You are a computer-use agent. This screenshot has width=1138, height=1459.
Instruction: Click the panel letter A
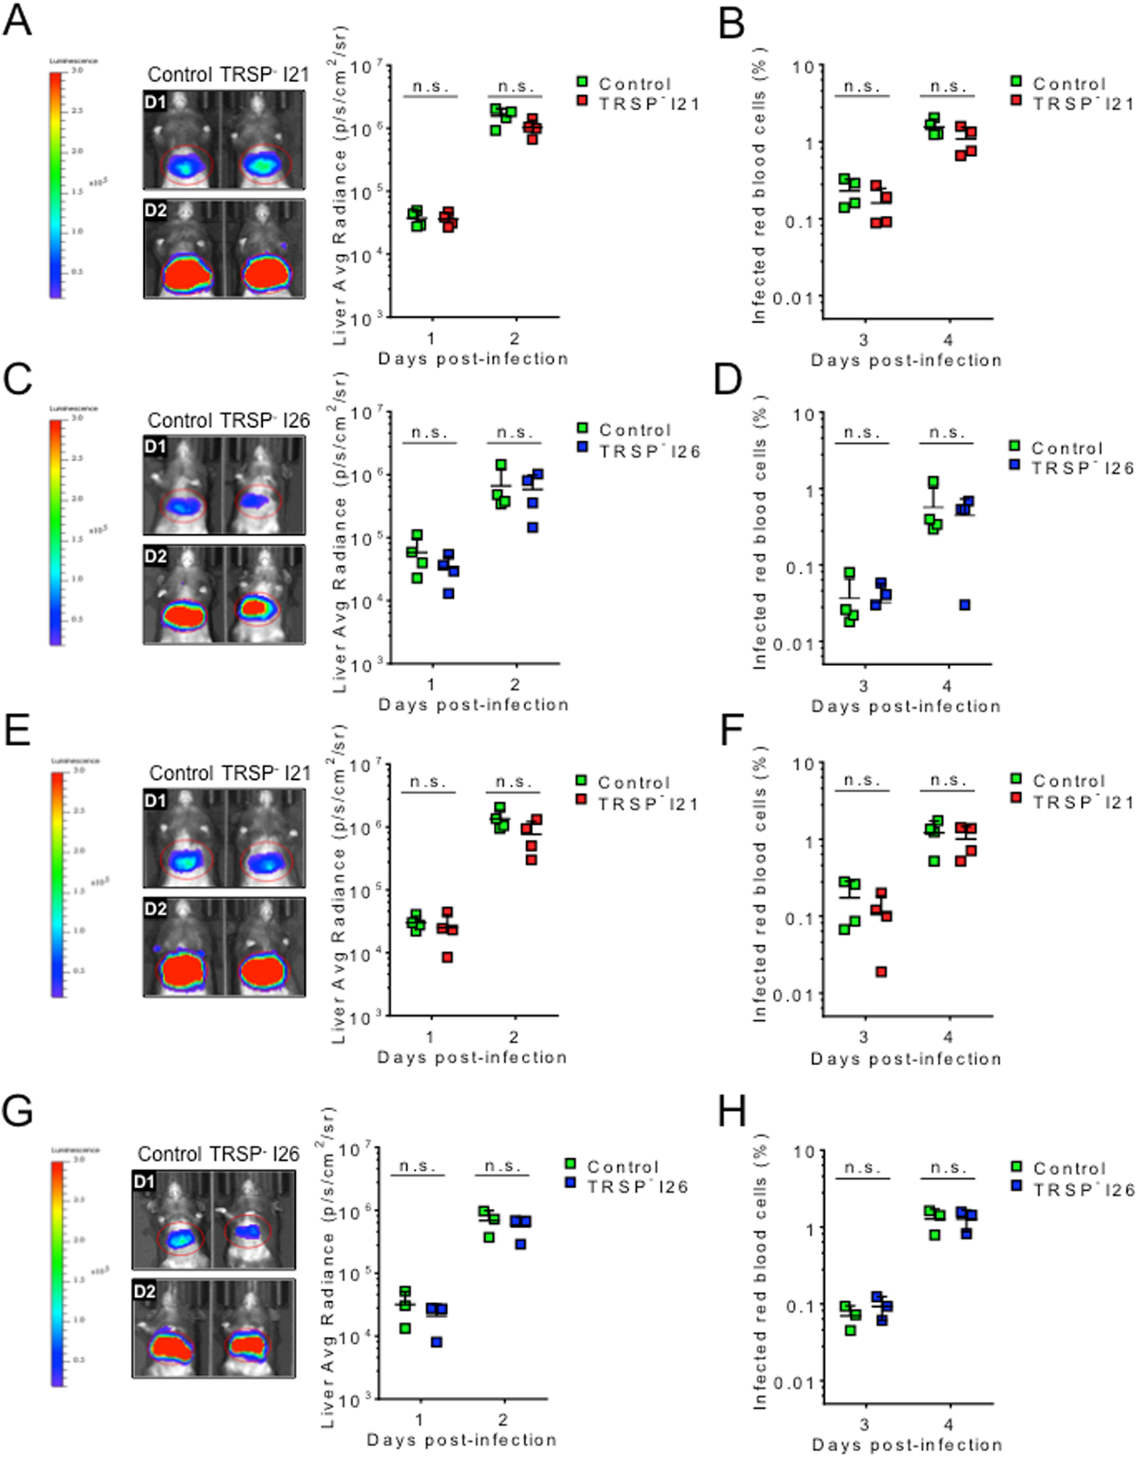click(x=17, y=21)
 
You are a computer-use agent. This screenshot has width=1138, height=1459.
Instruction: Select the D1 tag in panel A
click(x=155, y=102)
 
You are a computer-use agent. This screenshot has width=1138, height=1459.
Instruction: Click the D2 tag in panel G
click(x=144, y=1291)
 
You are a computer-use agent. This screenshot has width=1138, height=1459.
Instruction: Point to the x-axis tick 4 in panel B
click(x=948, y=341)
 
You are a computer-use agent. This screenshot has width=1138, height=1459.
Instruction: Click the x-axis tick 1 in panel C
click(x=431, y=685)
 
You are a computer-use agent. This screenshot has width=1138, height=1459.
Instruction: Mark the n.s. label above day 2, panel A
click(x=515, y=86)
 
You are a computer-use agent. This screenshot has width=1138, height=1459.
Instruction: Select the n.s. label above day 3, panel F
click(x=862, y=780)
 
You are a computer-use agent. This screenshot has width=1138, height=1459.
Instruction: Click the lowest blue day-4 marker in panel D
click(x=965, y=605)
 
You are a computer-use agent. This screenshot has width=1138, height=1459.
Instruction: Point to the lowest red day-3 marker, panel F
click(x=881, y=972)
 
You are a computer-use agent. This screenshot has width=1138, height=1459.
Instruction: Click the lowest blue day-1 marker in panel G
click(x=437, y=1342)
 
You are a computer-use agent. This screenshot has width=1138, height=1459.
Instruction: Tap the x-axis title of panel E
click(x=472, y=1057)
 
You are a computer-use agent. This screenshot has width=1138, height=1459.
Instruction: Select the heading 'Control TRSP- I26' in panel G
click(x=218, y=1154)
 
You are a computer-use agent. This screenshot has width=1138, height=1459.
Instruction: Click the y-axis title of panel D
click(x=760, y=538)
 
